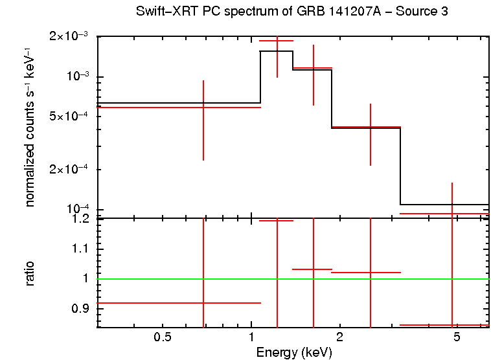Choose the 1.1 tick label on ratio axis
pos(81,249)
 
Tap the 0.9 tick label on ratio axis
pos(81,309)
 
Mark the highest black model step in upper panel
pos(277,51)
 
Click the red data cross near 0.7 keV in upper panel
pos(203,107)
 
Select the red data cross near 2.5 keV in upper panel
pos(370,127)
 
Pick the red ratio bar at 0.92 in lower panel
pos(178,302)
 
